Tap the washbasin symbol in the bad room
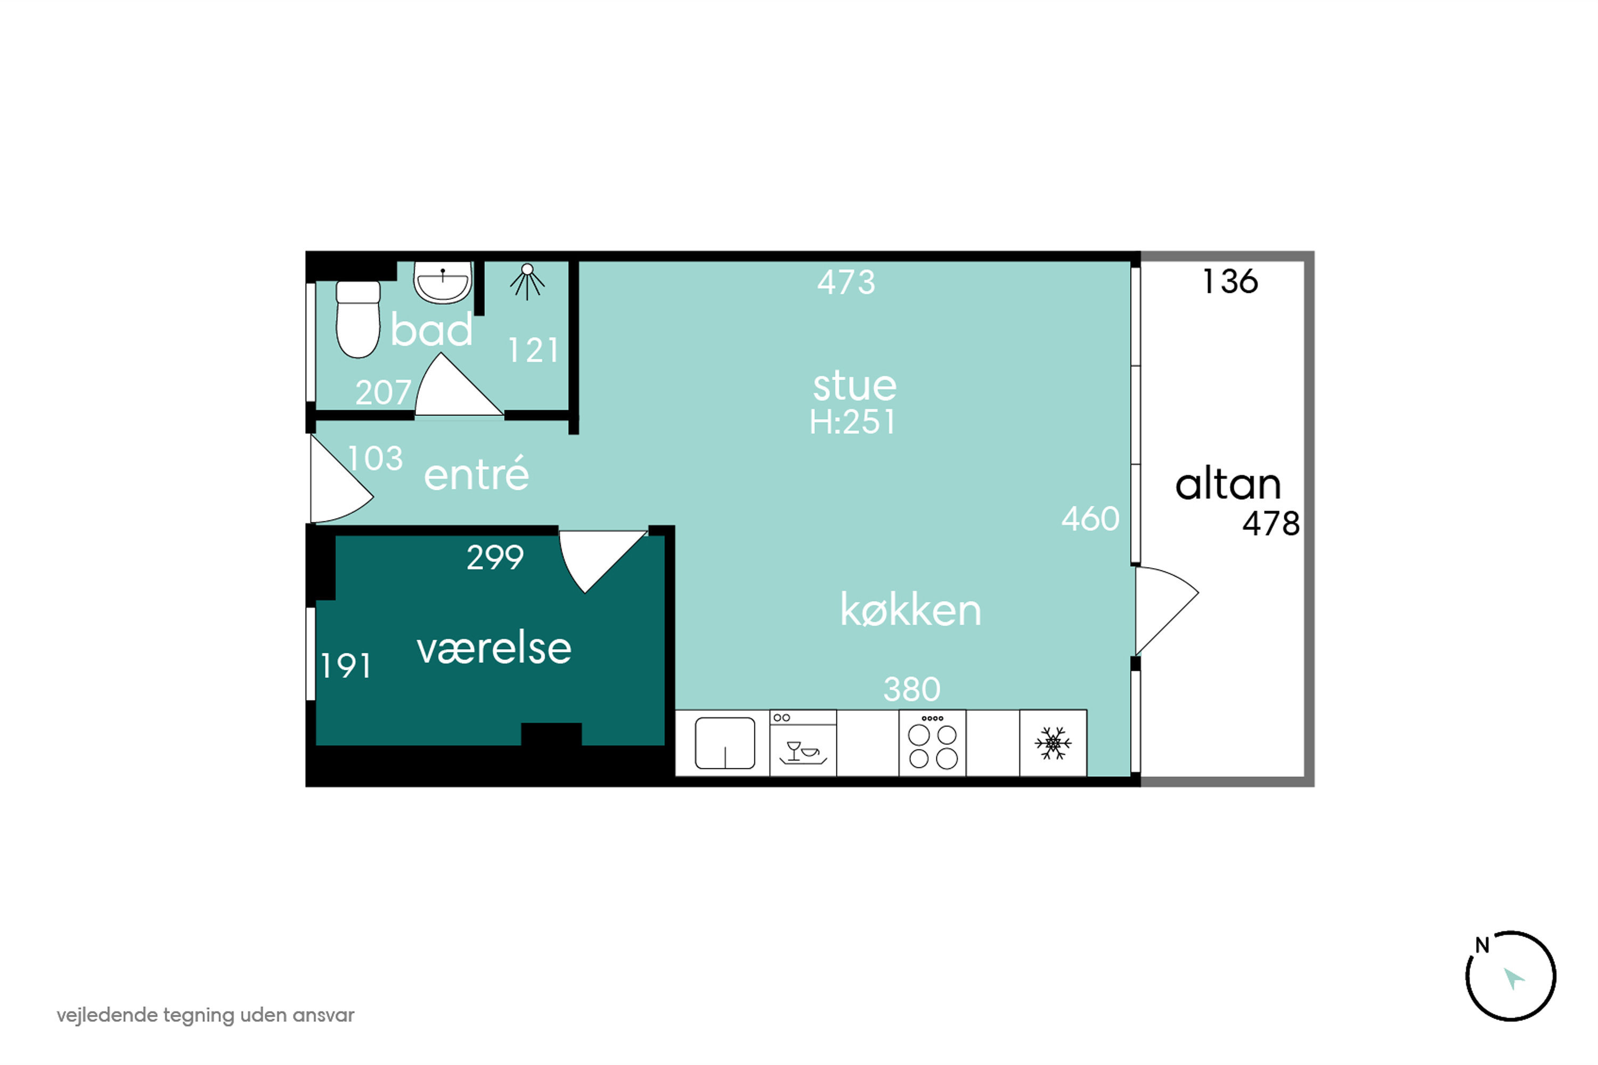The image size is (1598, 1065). pos(442,283)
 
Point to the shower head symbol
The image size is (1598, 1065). pos(527,280)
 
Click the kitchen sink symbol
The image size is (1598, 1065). pos(725,743)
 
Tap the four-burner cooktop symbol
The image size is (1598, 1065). pos(932,744)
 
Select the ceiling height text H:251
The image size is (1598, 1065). pos(853,422)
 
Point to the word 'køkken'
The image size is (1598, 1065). pos(910,609)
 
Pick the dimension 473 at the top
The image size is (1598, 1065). pos(846,282)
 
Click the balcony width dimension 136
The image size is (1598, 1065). pos(1230,281)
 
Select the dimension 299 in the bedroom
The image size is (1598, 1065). pos(495,558)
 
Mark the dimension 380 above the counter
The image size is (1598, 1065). pos(912,690)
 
